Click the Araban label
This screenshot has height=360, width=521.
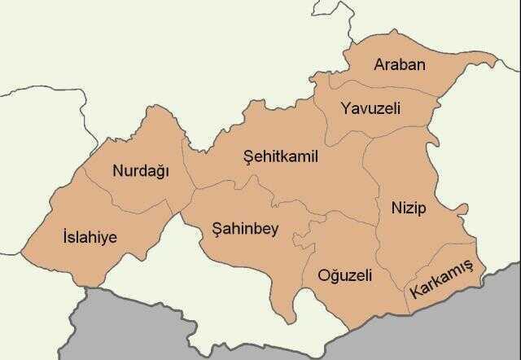point(399,64)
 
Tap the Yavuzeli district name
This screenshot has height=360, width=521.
point(371,108)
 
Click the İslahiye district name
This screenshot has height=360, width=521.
point(90,237)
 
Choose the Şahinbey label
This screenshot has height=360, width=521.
point(244,229)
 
